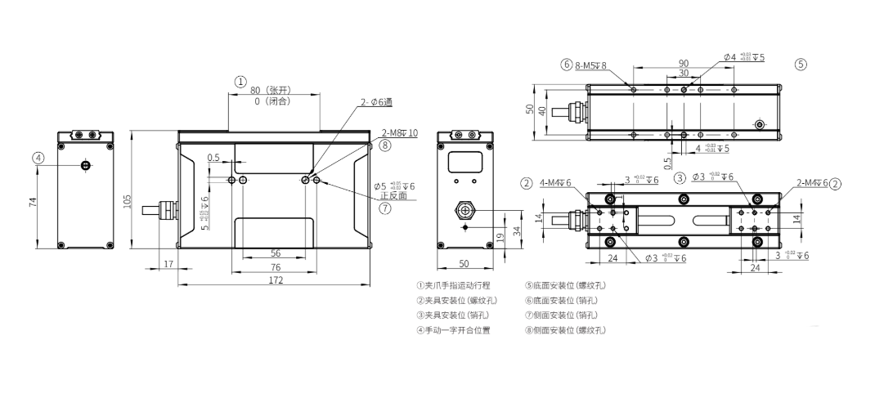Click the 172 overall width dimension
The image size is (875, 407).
276,280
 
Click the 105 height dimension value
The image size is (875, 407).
128,201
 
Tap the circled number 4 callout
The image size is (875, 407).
38,159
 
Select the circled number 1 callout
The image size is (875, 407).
240,81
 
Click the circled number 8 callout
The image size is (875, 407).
385,145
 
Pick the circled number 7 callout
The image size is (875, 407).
385,208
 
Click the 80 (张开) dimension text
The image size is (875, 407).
271,90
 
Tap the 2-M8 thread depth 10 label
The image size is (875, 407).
399,132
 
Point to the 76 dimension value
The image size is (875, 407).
275,266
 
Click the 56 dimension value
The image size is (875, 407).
275,253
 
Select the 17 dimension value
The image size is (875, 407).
168,264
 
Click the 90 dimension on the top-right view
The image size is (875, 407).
684,63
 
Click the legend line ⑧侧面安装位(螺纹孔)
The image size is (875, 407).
566,330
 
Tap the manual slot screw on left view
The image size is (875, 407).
85,166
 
